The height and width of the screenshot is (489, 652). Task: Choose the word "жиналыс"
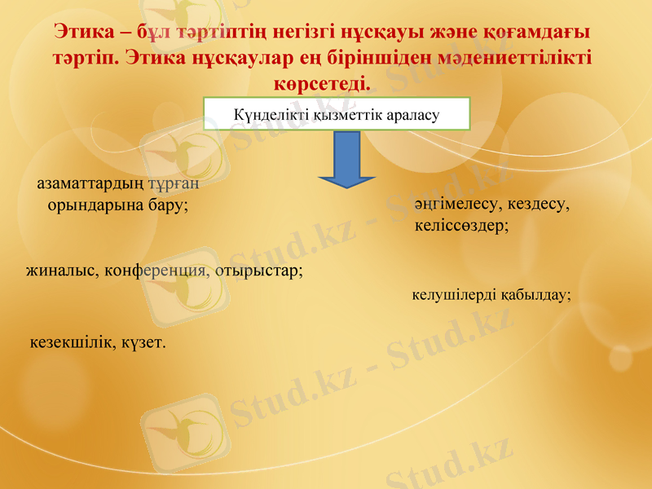(59, 270)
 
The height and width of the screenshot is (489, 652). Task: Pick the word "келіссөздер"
(461, 225)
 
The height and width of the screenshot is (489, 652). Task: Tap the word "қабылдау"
(535, 294)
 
